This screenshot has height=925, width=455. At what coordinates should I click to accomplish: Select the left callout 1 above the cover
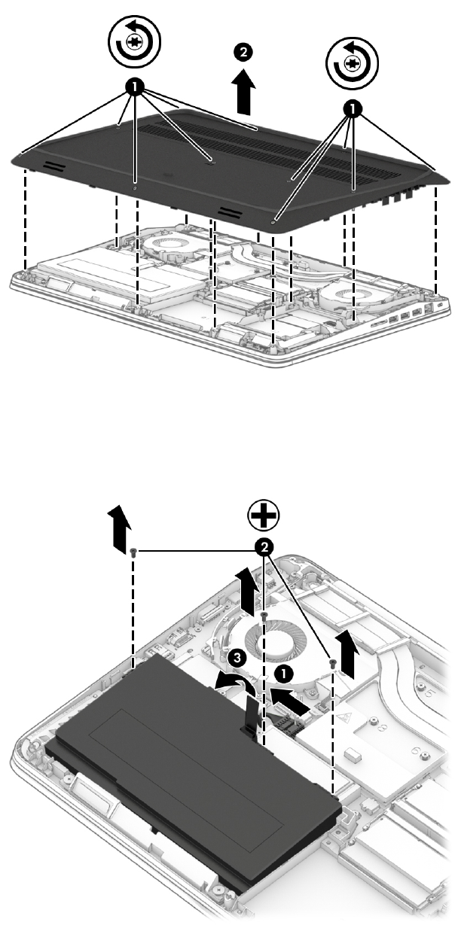(x=134, y=87)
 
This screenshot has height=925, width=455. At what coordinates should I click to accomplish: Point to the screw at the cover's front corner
(x=274, y=223)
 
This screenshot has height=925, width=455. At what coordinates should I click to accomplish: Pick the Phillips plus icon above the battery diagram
(x=263, y=517)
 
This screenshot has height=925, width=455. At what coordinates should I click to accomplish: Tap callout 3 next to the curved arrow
(x=237, y=658)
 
